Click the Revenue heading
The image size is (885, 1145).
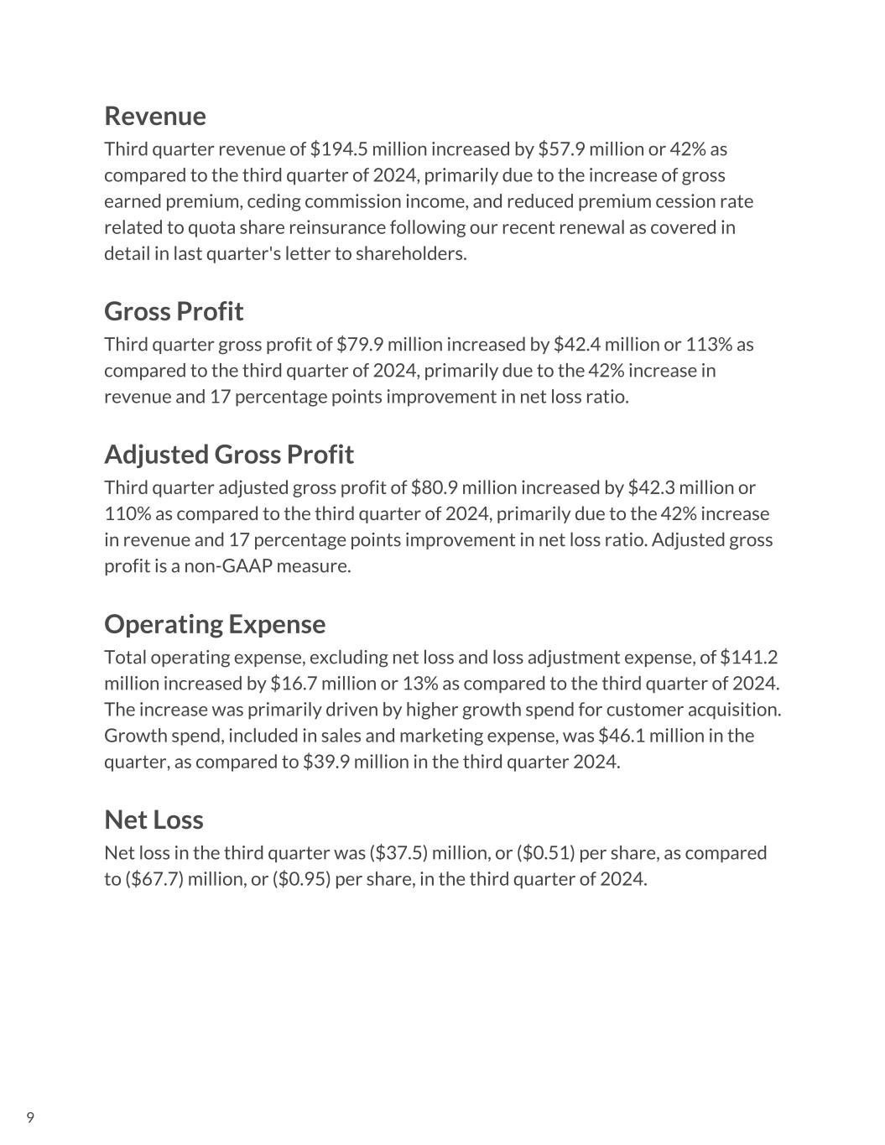(x=154, y=116)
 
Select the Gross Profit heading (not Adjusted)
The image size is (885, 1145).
(x=174, y=311)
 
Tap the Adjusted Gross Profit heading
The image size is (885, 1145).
(x=229, y=454)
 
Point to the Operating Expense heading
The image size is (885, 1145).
(x=215, y=624)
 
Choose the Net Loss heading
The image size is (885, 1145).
(x=154, y=820)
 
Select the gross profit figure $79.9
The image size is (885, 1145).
(x=360, y=345)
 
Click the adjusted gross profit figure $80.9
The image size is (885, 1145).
(x=435, y=487)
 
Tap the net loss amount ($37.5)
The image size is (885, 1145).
(x=398, y=853)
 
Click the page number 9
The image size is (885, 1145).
(x=30, y=1117)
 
